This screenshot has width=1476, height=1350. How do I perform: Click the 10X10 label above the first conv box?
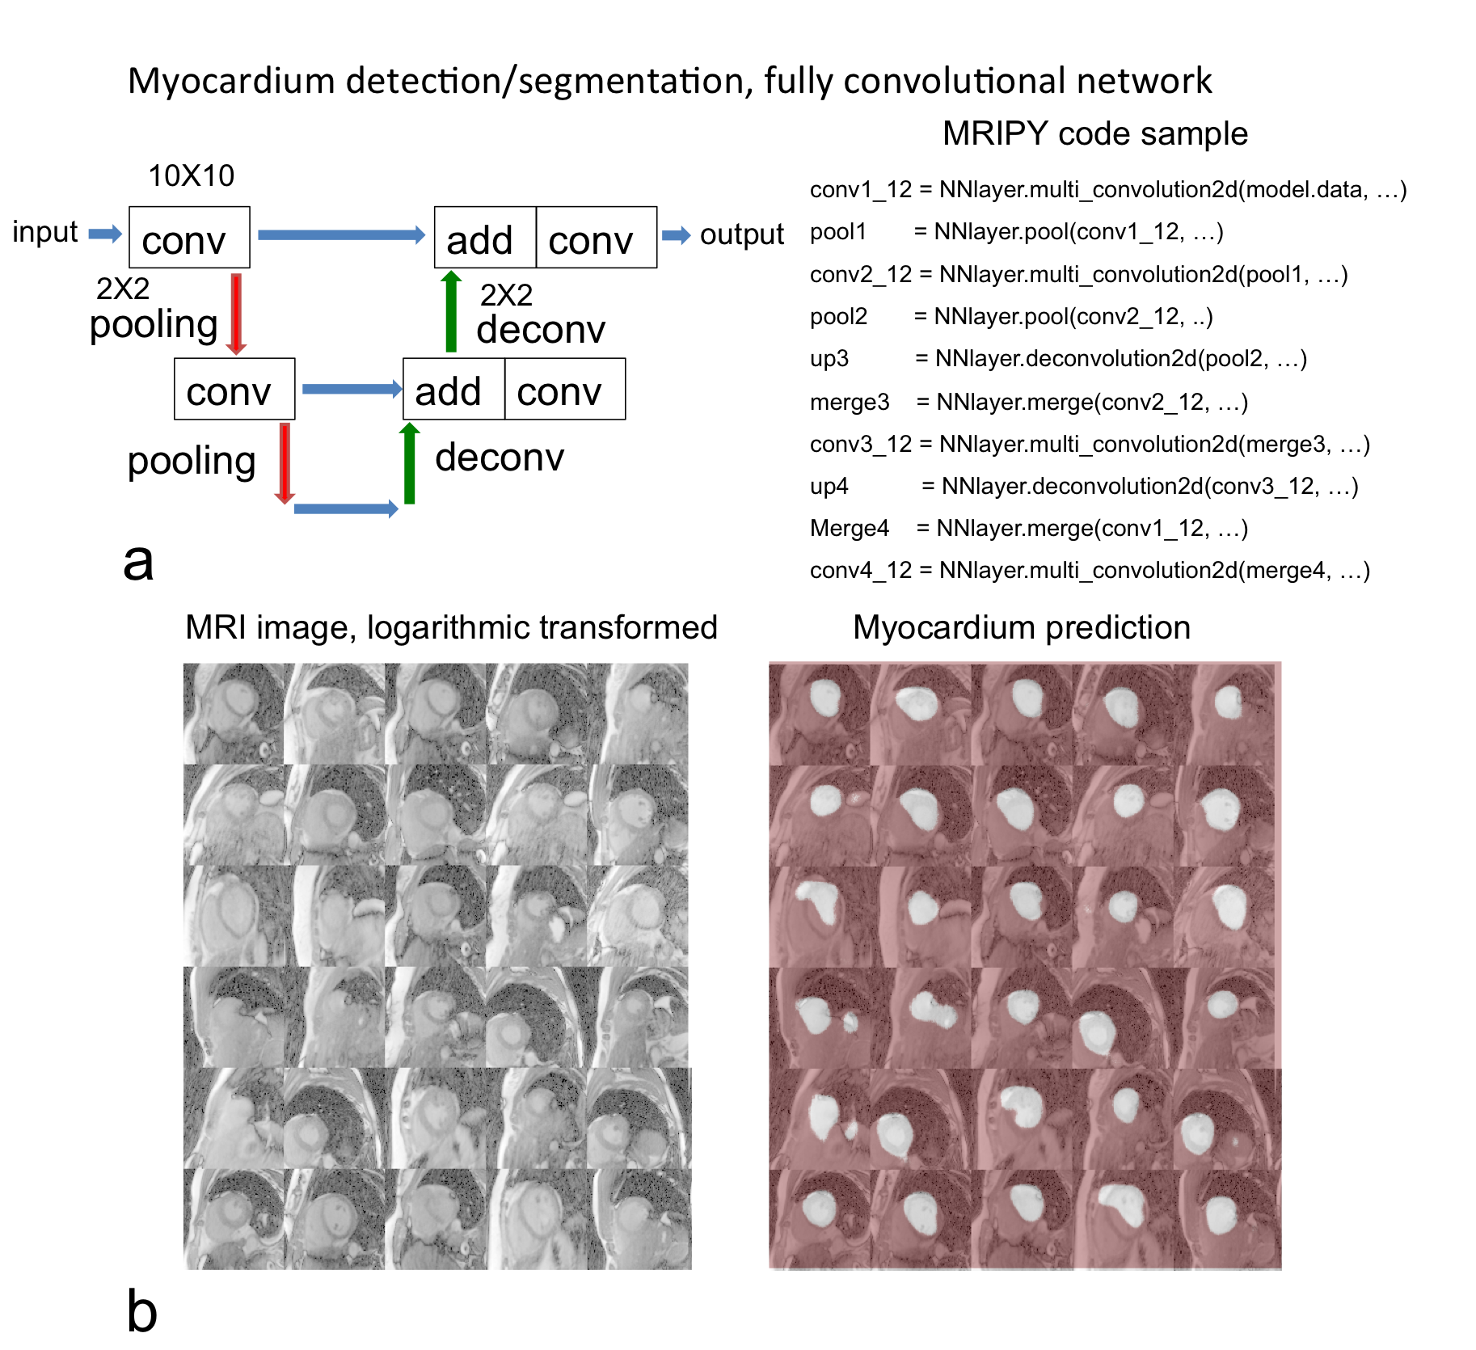[191, 175]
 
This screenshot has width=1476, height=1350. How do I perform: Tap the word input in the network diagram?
[44, 232]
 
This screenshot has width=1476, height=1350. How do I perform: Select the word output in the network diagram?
[741, 234]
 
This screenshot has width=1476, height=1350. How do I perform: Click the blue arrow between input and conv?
[104, 234]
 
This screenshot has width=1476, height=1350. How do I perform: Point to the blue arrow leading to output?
[676, 235]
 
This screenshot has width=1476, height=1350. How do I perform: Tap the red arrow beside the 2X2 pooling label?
[236, 314]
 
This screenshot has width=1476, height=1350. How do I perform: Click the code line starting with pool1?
[1016, 232]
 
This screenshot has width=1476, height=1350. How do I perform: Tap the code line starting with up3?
[1058, 358]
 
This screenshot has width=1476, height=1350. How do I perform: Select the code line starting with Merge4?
[1028, 528]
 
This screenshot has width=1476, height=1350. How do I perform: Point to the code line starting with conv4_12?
[1089, 570]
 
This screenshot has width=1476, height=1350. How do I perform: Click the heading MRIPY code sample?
[1094, 133]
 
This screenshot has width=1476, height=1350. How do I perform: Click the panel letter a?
[138, 562]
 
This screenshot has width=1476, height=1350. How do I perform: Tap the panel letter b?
[141, 1310]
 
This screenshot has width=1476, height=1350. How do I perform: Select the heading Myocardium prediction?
[1021, 627]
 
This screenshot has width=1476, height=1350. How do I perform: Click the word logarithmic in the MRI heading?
[448, 628]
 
